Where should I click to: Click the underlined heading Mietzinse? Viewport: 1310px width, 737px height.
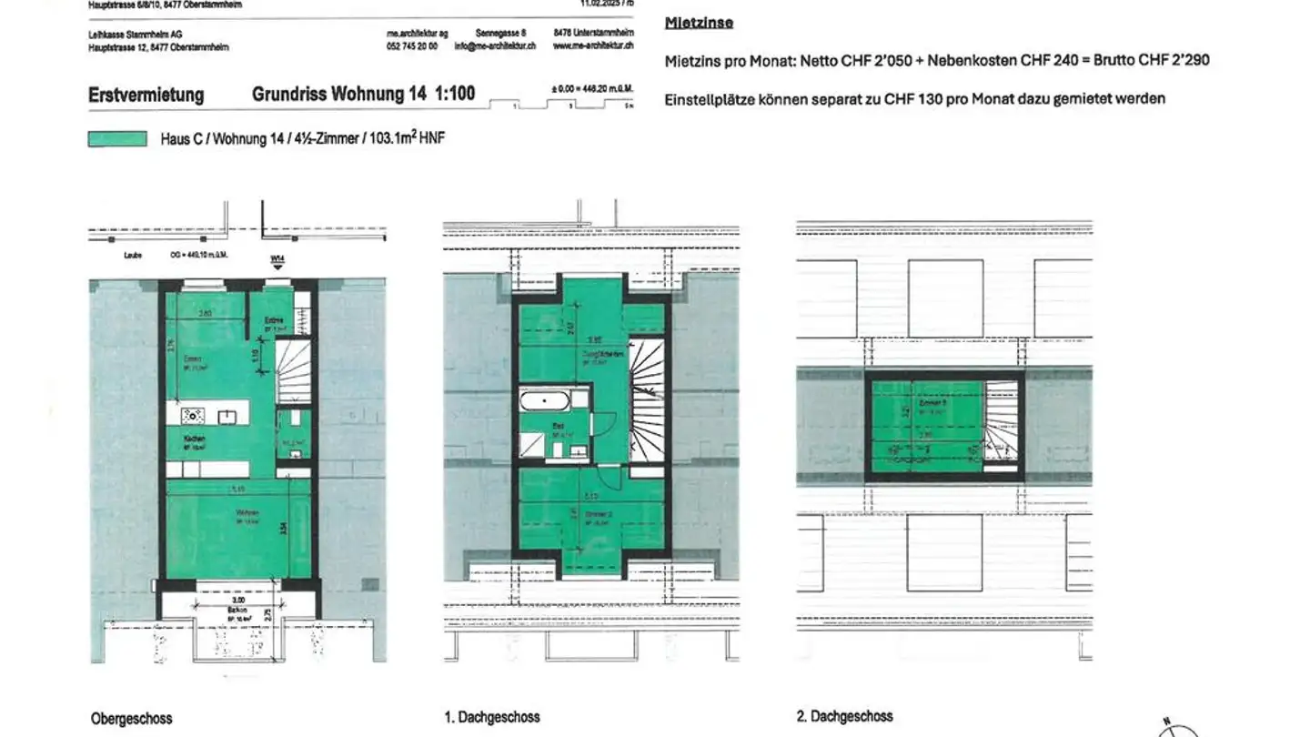coord(699,23)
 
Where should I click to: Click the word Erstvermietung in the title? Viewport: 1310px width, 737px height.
coord(146,95)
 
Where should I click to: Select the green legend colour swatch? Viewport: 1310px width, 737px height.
coord(117,139)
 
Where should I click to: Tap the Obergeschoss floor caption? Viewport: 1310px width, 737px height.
coord(131,719)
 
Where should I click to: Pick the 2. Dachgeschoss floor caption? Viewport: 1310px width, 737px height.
coord(845,717)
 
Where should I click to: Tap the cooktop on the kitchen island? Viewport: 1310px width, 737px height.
coord(192,417)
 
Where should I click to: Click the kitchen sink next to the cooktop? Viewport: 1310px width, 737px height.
coord(227,417)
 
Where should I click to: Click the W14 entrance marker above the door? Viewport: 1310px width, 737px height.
coord(277,260)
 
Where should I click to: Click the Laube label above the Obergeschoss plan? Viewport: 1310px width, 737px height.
coord(134,257)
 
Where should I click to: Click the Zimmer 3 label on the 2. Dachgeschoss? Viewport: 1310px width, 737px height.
coord(929,401)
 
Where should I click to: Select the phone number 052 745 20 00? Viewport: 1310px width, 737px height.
coord(412,45)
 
